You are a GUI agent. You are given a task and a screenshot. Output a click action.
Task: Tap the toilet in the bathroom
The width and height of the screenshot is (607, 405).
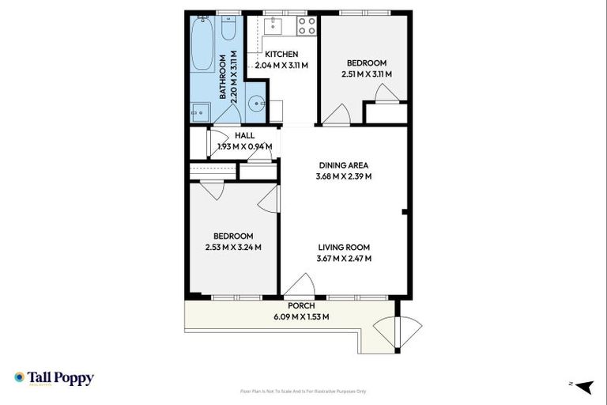228,28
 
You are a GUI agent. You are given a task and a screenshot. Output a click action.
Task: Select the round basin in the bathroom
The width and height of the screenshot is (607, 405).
257,104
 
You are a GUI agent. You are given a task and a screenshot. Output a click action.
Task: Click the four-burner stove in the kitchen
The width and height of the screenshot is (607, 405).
306,26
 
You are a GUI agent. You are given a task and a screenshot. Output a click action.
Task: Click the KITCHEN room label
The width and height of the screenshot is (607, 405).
281,54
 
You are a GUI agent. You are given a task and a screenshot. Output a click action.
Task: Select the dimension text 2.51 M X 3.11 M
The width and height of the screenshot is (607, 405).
366,74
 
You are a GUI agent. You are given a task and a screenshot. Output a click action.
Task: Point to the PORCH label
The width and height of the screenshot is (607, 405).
301,306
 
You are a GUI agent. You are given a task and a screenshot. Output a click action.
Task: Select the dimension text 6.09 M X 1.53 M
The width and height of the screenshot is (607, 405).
301,316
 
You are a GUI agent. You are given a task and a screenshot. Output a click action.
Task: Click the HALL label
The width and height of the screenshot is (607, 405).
244,135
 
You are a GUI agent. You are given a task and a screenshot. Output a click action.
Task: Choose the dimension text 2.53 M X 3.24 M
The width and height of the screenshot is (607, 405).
233,248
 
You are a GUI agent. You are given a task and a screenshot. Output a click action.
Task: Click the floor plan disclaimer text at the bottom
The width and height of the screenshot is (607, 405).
303,392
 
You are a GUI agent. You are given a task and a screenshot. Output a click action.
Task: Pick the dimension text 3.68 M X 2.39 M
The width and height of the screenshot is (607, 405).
344,176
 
